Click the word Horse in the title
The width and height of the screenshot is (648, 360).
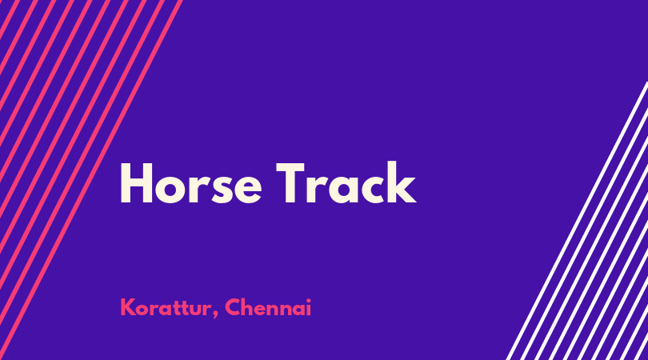click(x=190, y=183)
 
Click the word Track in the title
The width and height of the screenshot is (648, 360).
click(x=346, y=182)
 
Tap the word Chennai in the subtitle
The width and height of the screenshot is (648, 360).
click(x=268, y=307)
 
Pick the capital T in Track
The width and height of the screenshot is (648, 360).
click(x=290, y=183)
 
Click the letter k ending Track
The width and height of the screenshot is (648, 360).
click(x=400, y=182)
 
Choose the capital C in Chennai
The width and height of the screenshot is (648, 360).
click(x=233, y=307)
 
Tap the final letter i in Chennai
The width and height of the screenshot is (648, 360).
click(x=308, y=308)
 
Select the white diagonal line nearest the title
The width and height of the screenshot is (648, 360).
click(x=577, y=221)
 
